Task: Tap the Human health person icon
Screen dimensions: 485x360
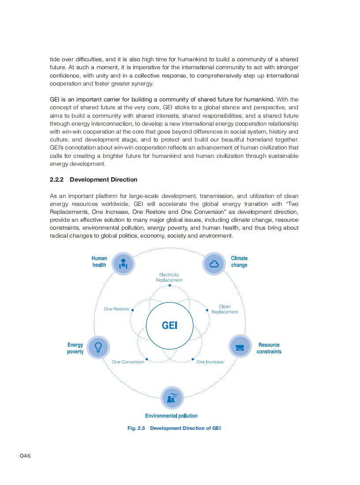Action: click(x=124, y=263)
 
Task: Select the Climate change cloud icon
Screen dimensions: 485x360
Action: click(x=214, y=263)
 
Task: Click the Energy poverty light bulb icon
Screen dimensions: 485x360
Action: click(x=98, y=347)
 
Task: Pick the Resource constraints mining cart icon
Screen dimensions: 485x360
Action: click(x=240, y=347)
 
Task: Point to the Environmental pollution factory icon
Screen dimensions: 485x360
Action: click(x=172, y=398)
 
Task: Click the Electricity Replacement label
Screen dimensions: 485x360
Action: click(x=169, y=277)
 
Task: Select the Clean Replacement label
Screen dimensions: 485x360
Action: click(x=224, y=309)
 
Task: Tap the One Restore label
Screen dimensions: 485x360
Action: click(x=116, y=309)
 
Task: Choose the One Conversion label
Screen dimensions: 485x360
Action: click(x=128, y=362)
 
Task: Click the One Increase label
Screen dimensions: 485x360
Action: click(x=210, y=362)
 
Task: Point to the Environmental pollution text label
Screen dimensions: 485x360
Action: click(x=171, y=416)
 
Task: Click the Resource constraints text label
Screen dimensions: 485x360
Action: click(x=269, y=348)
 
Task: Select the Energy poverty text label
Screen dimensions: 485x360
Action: click(x=75, y=348)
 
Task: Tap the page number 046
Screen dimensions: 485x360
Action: click(x=25, y=455)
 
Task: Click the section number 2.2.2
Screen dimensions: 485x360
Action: click(x=57, y=179)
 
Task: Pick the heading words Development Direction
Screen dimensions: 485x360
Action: click(x=103, y=179)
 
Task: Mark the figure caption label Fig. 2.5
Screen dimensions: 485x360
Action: click(x=136, y=428)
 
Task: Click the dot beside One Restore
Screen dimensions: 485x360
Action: click(x=132, y=310)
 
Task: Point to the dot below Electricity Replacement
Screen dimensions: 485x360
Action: click(x=169, y=286)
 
